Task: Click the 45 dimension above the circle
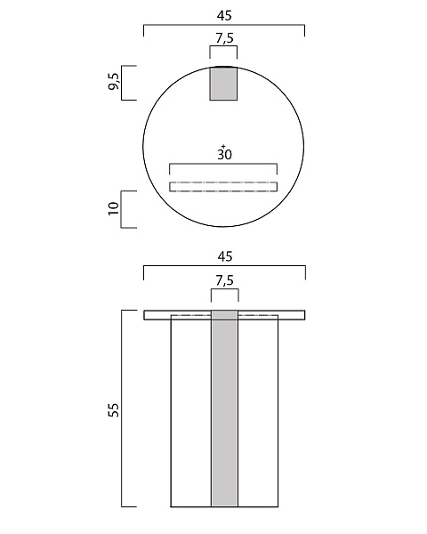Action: pyautogui.click(x=224, y=16)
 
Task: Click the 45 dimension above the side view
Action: pyautogui.click(x=224, y=256)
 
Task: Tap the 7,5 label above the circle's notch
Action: pyautogui.click(x=224, y=38)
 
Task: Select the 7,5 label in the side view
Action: pyautogui.click(x=225, y=280)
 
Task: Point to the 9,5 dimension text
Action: pyautogui.click(x=114, y=82)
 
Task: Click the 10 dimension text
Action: pyautogui.click(x=114, y=208)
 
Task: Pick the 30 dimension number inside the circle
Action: pyautogui.click(x=225, y=155)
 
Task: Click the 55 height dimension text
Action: pyautogui.click(x=114, y=409)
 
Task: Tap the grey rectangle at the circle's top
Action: pyautogui.click(x=223, y=84)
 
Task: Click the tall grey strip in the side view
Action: pyautogui.click(x=224, y=409)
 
